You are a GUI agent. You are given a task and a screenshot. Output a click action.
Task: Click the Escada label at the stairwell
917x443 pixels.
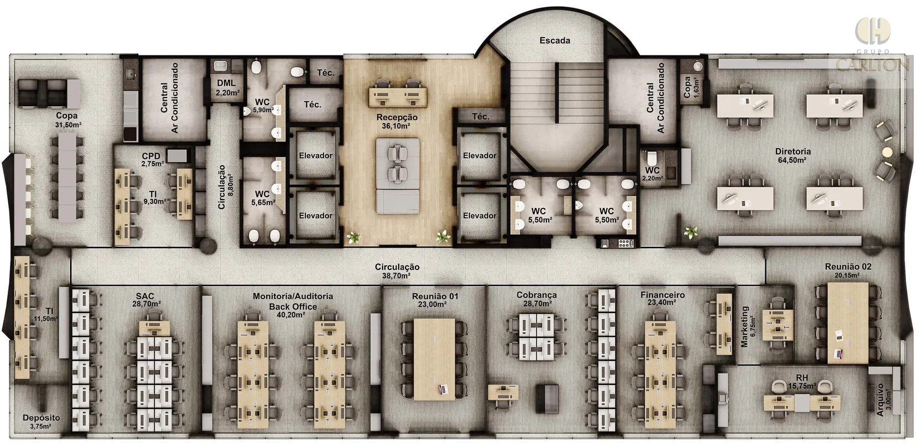555,40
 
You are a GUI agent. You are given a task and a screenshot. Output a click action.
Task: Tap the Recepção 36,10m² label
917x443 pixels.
397,121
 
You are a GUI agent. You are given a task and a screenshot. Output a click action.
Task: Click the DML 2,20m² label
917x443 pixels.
228,88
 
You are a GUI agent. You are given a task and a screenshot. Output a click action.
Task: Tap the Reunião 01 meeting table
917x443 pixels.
434,359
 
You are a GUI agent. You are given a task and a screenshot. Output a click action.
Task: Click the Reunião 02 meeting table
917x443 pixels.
848,323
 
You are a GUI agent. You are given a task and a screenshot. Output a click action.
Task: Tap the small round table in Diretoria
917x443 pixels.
887,152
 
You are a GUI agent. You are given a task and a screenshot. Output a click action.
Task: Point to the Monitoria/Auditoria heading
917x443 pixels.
293,296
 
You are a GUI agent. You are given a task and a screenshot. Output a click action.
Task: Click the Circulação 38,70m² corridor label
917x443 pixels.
397,271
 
